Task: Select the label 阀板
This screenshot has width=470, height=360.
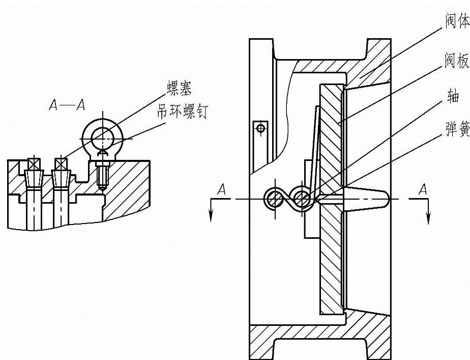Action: (457, 61)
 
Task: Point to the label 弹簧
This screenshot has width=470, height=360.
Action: (457, 131)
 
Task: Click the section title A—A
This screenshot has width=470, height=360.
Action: (66, 105)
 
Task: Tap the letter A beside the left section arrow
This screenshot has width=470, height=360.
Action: (221, 189)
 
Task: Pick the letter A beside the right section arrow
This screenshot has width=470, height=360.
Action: (422, 189)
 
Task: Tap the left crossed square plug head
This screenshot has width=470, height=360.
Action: (34, 164)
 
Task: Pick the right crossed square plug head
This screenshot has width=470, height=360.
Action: (61, 164)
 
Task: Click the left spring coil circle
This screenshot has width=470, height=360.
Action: (274, 199)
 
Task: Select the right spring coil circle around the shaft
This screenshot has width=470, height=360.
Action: (302, 199)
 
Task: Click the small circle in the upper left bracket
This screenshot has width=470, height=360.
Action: (260, 128)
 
